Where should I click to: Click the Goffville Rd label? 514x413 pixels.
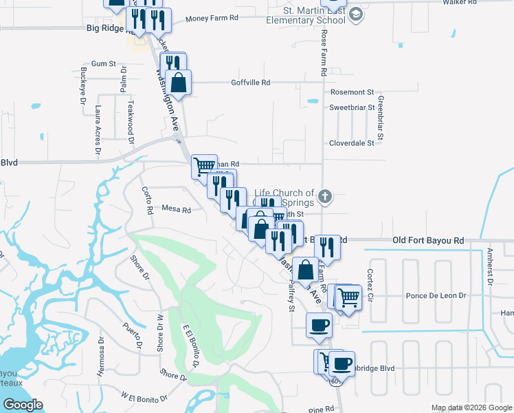(250, 82)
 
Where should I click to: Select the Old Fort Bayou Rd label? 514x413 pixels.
(428, 240)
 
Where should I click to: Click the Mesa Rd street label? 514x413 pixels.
(176, 208)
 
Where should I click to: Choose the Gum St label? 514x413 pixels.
(103, 63)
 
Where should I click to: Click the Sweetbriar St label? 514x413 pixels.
(351, 107)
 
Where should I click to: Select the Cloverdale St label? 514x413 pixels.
(351, 143)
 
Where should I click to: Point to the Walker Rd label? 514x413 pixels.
(479, 3)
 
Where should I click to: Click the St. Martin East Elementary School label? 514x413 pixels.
(314, 15)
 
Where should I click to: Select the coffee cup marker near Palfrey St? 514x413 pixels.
(319, 324)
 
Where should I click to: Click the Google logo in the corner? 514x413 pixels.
(23, 405)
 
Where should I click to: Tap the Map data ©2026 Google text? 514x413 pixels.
(471, 407)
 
